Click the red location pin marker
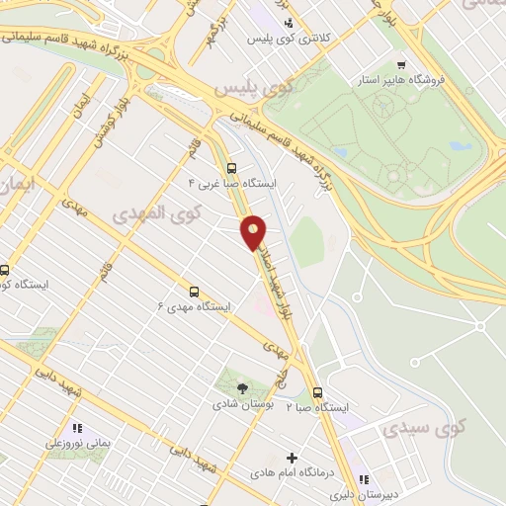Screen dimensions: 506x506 pyautogui.click(x=254, y=232)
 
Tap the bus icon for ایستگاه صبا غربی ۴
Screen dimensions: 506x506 pyautogui.click(x=232, y=168)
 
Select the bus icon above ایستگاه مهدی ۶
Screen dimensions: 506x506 pyautogui.click(x=194, y=292)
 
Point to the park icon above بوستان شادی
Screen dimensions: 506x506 pyautogui.click(x=244, y=387)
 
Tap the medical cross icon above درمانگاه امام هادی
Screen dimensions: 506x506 pyautogui.click(x=291, y=458)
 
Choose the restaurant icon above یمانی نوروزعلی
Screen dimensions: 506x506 pyautogui.click(x=78, y=428)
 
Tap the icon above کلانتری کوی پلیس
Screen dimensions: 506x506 pyautogui.click(x=288, y=23)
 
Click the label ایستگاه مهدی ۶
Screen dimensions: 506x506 pyautogui.click(x=194, y=307)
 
